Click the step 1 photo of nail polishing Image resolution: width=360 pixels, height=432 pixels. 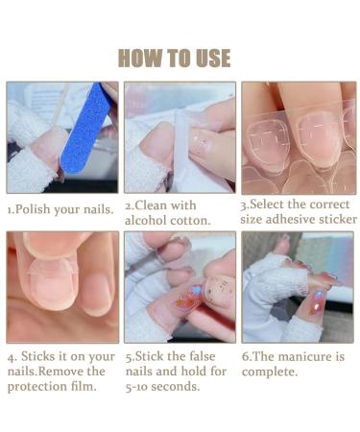pyautogui.click(x=62, y=137)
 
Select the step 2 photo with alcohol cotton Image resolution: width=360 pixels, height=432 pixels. pyautogui.click(x=180, y=137)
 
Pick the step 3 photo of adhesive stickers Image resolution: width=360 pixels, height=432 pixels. pyautogui.click(x=298, y=137)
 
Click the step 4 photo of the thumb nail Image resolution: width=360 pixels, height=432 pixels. pyautogui.click(x=62, y=287)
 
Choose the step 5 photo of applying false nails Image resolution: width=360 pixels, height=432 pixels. pyautogui.click(x=180, y=287)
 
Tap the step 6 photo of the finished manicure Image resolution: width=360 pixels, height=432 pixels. pyautogui.click(x=298, y=287)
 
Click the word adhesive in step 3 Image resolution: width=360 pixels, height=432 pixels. pyautogui.click(x=295, y=220)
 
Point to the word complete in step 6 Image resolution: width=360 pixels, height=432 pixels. pyautogui.click(x=269, y=371)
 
